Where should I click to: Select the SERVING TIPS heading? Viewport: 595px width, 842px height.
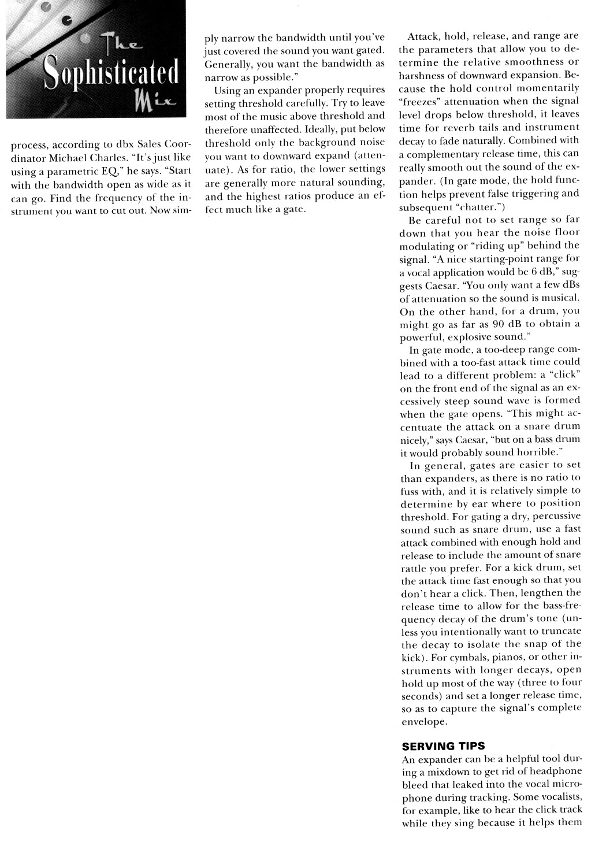pyautogui.click(x=443, y=746)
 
